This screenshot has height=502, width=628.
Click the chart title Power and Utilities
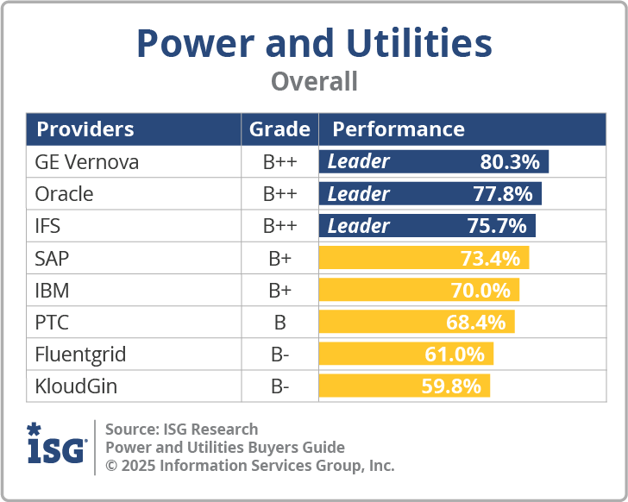click(314, 43)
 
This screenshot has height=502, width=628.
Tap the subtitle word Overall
click(314, 82)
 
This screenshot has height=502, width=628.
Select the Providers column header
click(85, 129)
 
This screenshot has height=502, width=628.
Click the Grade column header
click(279, 129)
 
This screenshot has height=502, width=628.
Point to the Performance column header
click(399, 129)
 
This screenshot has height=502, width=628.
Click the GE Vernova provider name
click(86, 162)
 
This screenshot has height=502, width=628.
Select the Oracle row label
click(64, 194)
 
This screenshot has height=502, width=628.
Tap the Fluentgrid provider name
click(79, 354)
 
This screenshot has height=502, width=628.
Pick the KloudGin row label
click(76, 386)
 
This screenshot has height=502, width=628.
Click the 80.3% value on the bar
click(509, 162)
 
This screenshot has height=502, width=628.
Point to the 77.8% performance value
click(502, 194)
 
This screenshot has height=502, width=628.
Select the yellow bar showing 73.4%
click(424, 258)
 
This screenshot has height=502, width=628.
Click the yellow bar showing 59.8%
click(405, 386)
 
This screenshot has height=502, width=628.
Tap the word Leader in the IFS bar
click(359, 226)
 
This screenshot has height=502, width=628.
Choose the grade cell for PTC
click(279, 322)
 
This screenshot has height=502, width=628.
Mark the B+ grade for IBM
click(279, 290)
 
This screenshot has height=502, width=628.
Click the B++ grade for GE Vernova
click(279, 162)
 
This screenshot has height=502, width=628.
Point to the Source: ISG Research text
click(181, 430)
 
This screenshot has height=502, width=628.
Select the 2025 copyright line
click(249, 466)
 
